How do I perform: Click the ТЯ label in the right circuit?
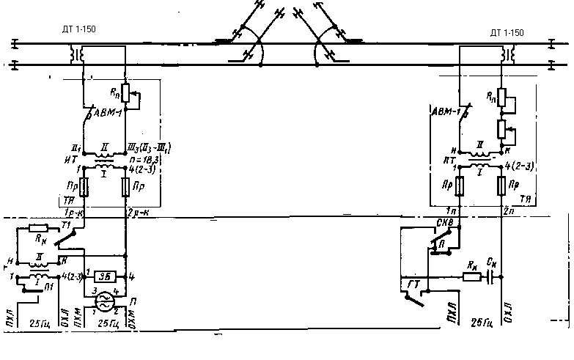(524, 199)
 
